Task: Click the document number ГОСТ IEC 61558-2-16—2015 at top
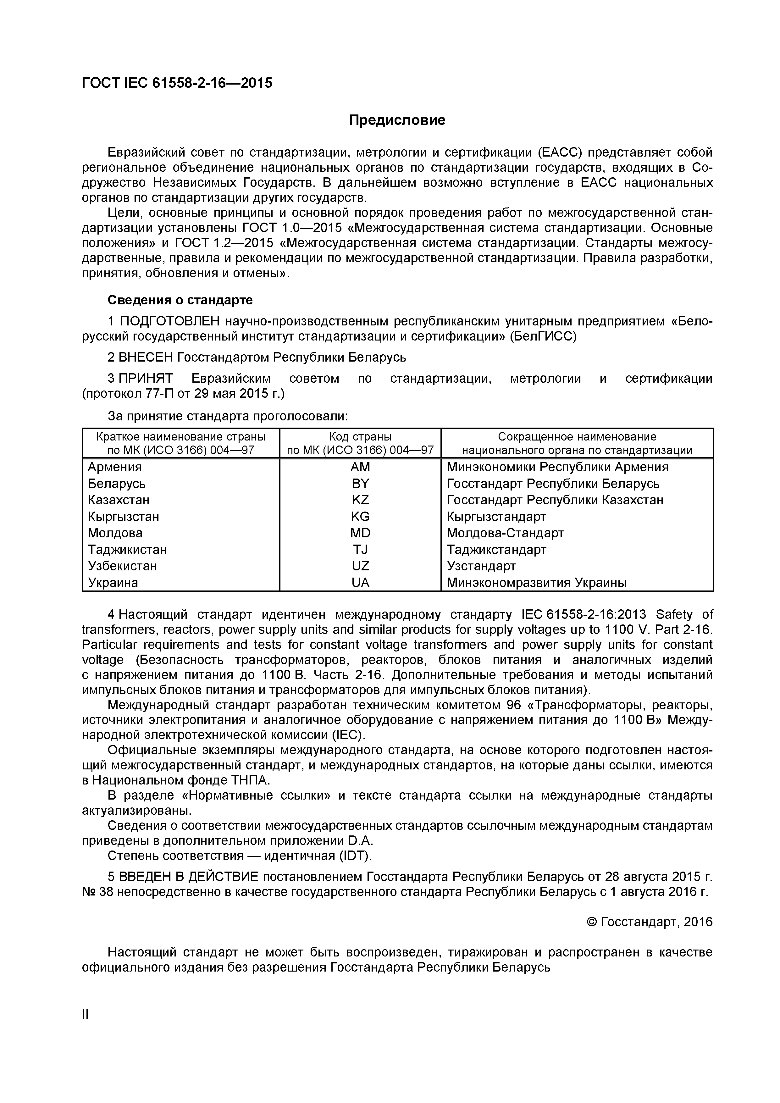click(177, 83)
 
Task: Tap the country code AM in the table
click(360, 467)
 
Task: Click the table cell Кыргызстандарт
click(496, 516)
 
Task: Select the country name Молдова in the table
click(115, 533)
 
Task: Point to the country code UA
click(360, 582)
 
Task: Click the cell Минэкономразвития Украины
click(536, 583)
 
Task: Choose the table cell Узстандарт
click(481, 566)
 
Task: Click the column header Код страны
click(360, 437)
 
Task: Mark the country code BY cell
click(360, 483)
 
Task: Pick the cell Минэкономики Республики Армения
click(557, 467)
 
